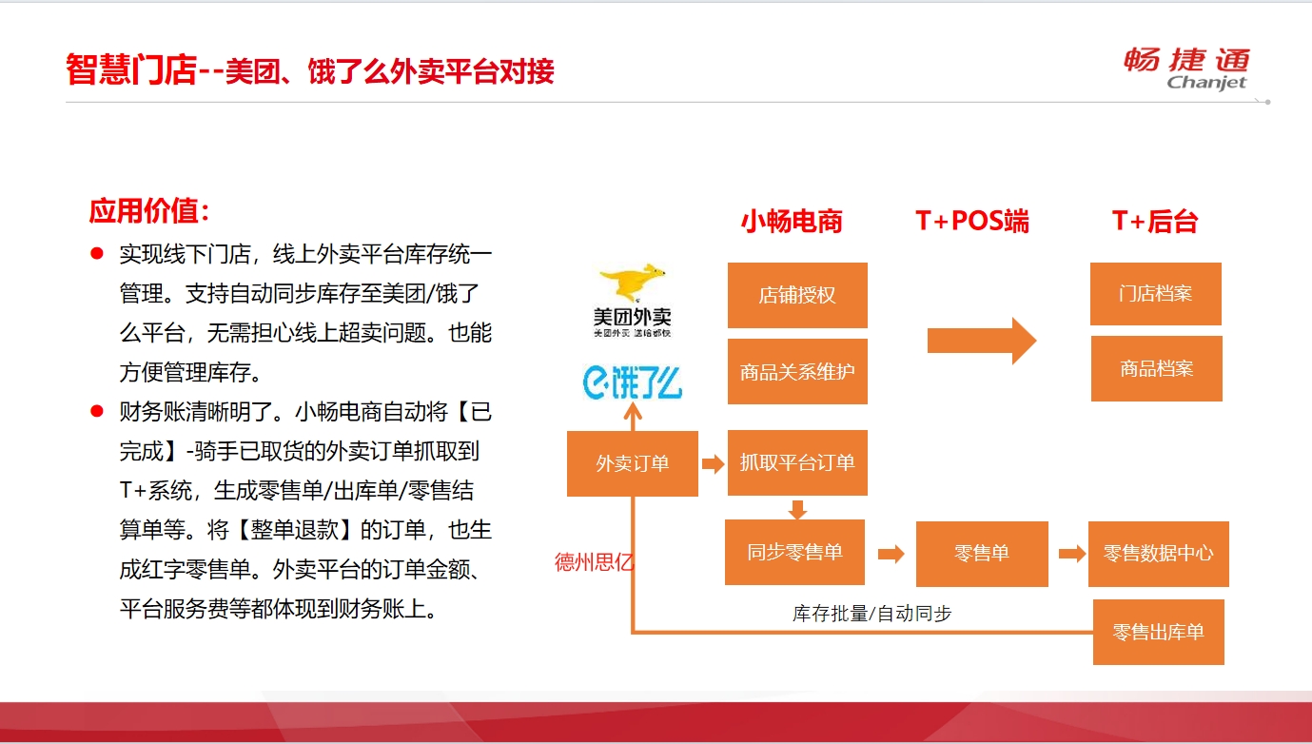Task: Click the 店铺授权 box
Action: tap(797, 295)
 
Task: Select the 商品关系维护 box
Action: tap(797, 371)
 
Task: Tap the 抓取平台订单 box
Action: tap(797, 462)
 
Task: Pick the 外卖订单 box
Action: tap(633, 463)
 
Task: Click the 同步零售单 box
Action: tap(794, 552)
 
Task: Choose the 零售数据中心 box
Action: tap(1159, 554)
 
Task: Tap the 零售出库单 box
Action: tap(1159, 632)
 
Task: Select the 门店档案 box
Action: tap(1156, 293)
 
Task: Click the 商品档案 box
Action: tap(1157, 368)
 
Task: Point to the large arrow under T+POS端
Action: tap(982, 341)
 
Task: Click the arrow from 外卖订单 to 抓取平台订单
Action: tap(714, 464)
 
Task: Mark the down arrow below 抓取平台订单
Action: tap(797, 509)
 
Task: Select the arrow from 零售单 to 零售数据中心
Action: tap(1072, 554)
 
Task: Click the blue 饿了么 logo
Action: tap(633, 382)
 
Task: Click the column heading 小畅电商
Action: tap(792, 222)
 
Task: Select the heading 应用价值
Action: tap(148, 211)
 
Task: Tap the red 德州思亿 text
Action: tap(594, 562)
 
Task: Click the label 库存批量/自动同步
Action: tap(872, 614)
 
